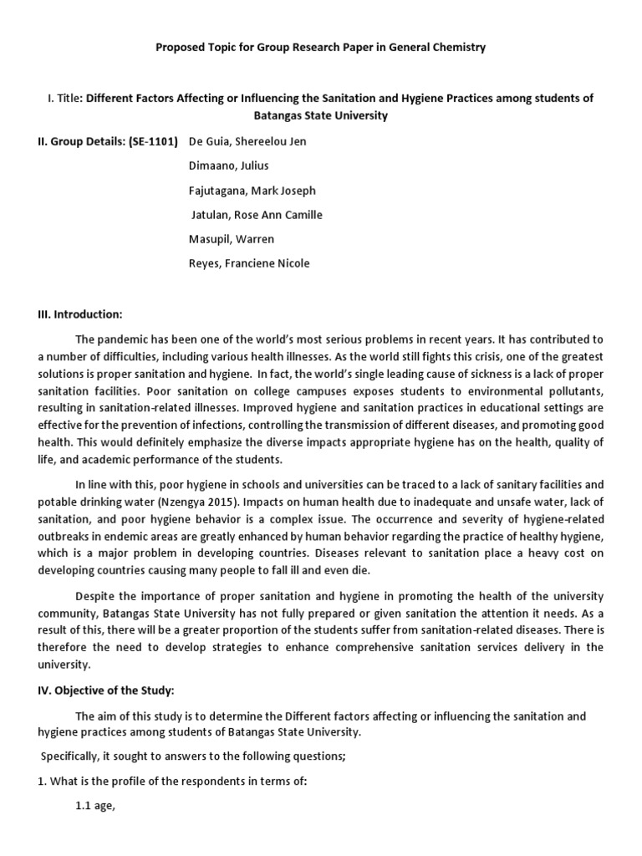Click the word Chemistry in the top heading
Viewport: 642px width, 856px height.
(456, 48)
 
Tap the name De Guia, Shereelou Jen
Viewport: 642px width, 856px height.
(248, 141)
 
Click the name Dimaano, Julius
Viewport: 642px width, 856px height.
(231, 166)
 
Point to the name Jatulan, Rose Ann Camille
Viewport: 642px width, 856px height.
(257, 215)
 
